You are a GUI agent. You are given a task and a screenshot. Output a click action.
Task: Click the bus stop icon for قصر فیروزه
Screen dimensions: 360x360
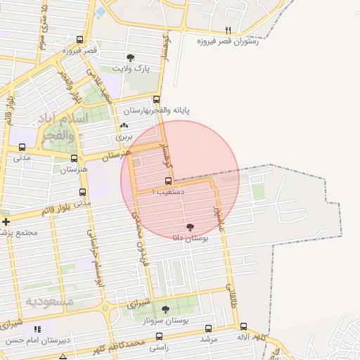tap(79, 40)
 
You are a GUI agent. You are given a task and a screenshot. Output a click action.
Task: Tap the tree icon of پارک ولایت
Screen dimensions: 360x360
tap(129, 58)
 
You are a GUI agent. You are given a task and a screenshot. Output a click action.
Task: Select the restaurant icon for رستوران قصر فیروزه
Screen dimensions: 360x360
tap(227, 30)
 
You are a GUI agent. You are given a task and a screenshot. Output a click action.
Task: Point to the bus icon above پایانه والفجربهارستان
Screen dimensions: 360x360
tap(156, 100)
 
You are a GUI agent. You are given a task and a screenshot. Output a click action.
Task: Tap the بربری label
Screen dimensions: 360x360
tap(124, 136)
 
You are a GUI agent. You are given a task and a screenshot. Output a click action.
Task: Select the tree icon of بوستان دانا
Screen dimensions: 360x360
tap(189, 226)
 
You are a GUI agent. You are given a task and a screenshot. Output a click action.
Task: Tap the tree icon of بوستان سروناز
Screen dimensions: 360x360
tap(165, 309)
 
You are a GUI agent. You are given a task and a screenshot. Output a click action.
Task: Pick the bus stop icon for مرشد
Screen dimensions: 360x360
tap(208, 328)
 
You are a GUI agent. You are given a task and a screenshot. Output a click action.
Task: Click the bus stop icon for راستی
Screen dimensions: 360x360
tap(160, 337)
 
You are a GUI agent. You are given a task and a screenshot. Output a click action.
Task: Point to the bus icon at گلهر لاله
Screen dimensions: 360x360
tap(243, 326)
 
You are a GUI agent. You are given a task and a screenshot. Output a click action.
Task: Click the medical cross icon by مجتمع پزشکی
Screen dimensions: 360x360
tap(5, 221)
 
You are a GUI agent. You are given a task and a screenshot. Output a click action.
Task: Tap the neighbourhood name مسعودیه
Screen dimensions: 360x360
tap(50, 301)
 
